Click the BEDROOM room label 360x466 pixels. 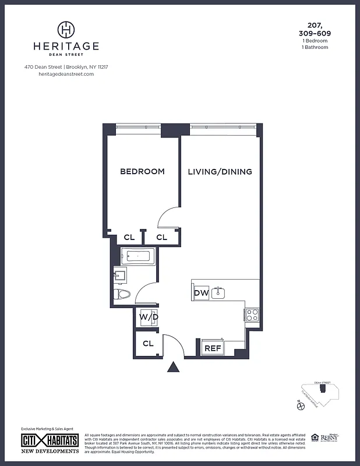coord(142,172)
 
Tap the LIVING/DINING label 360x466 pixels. coord(220,172)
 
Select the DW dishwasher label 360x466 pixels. coord(201,293)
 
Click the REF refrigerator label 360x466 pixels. coord(212,348)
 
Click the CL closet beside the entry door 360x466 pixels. coord(148,344)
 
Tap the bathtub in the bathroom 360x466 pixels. coord(138,256)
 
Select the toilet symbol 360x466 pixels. coord(122,294)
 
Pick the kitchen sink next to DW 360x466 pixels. coord(219,292)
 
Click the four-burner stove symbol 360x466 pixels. coord(252,315)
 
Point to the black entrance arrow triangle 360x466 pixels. coord(173,367)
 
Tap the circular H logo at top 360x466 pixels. coord(66,29)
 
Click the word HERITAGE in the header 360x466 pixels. coord(66,46)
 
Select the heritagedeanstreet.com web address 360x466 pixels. coord(66,74)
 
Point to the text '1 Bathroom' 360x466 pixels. coord(315,47)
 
